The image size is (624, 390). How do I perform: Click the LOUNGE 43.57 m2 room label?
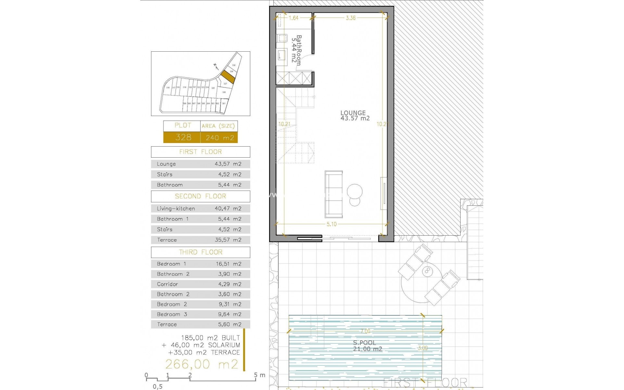coord(355,116)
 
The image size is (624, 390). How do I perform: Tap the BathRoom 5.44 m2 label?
coord(296,50)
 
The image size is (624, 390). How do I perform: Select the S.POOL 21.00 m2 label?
coord(367,346)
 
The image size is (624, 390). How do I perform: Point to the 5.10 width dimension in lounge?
coord(331,224)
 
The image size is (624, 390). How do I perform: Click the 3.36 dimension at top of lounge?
coord(350,18)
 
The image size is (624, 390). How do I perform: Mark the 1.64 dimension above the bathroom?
coord(293,18)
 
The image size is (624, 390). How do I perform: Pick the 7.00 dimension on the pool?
coord(365,331)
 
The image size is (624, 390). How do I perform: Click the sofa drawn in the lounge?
coord(334,194)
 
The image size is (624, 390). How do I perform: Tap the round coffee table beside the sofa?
coord(355,192)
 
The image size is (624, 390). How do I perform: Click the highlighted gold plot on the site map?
coord(227,77)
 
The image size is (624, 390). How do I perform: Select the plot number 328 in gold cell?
coord(183,137)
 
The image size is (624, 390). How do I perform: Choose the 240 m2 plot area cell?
coord(220,138)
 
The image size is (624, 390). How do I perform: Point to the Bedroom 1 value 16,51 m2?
coord(228,264)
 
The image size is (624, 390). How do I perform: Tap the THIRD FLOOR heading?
coord(201,252)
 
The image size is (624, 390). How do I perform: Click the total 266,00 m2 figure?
coord(202,364)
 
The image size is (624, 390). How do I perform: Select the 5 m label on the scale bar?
coord(260,375)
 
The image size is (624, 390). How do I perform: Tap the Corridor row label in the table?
coord(167,284)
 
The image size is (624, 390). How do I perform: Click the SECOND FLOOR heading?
coord(201,196)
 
